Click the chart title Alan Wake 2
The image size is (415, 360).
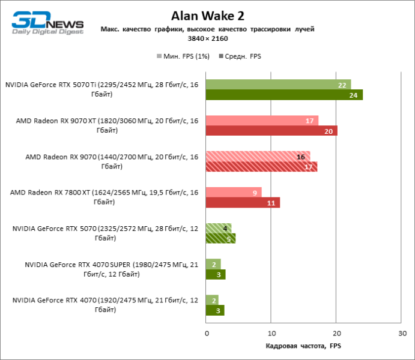click(x=207, y=15)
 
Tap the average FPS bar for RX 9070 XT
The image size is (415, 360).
click(x=271, y=131)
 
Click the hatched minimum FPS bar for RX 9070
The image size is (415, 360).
click(x=258, y=157)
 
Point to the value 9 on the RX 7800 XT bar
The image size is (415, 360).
click(x=255, y=193)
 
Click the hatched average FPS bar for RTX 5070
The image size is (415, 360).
click(x=220, y=239)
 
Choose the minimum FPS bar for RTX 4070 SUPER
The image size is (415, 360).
click(x=213, y=265)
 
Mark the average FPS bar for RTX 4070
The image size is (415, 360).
click(x=214, y=310)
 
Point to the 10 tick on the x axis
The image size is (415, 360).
click(x=271, y=332)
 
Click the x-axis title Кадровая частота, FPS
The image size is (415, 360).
click(x=303, y=346)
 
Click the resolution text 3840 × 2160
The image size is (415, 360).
click(x=207, y=38)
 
